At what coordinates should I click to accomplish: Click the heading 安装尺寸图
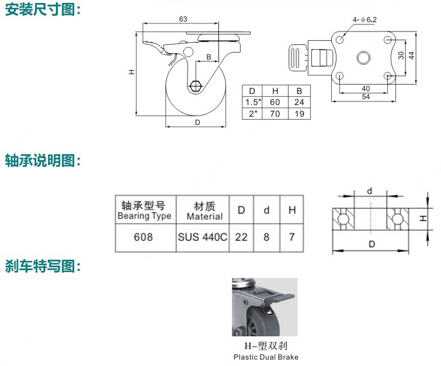tap(43, 10)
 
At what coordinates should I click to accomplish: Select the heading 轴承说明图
tap(43, 160)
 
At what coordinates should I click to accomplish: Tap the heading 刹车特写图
tap(43, 266)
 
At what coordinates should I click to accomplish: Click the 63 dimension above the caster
tap(183, 19)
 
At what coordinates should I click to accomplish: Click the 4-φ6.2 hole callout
tap(364, 19)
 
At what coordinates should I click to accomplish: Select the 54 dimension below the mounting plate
tap(365, 97)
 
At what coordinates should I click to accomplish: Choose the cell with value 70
tap(276, 113)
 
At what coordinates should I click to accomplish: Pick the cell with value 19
tap(298, 113)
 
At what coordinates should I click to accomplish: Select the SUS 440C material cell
tap(202, 238)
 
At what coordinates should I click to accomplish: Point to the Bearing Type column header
tap(144, 211)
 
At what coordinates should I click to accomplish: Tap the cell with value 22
tap(241, 238)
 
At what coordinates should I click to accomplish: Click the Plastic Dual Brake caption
tap(266, 357)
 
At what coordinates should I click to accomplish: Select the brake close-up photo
tap(265, 307)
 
